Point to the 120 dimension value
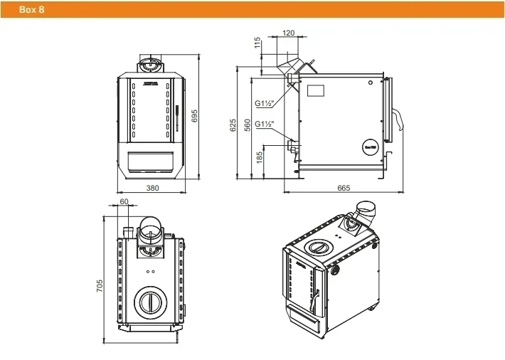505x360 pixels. [288, 33]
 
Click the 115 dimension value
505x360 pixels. [257, 43]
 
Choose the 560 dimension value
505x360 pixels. [247, 125]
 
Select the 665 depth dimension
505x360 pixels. [344, 188]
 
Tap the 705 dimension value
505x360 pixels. [100, 285]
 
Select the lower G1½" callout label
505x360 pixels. [265, 123]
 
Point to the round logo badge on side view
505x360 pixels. [369, 142]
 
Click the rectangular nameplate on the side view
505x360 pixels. [314, 91]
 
